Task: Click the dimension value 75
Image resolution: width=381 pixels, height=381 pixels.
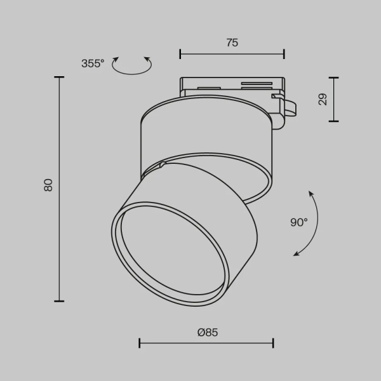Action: pos(232,43)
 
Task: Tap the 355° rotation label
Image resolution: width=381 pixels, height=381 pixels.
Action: pos(93,63)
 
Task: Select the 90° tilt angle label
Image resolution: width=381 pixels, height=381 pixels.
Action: pos(298,222)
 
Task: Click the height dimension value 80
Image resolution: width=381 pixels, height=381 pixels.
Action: pos(48,185)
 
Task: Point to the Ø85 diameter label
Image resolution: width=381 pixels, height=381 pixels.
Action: pos(207,332)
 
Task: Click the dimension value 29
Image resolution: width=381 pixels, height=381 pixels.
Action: pos(323,99)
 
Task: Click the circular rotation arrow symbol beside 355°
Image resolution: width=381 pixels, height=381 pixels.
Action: pos(131,65)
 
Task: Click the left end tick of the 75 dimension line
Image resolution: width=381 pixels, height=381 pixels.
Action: pos(180,54)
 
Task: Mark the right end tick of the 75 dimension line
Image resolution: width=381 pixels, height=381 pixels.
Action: pos(284,54)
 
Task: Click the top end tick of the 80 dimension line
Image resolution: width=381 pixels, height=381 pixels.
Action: pos(60,77)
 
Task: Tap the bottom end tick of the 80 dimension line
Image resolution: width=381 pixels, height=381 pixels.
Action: pos(60,300)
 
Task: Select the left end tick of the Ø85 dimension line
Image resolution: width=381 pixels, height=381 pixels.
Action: pos(140,344)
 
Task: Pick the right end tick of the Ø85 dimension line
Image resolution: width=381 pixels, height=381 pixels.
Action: pos(273,344)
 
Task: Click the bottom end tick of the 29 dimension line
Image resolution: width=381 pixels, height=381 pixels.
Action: pos(333,121)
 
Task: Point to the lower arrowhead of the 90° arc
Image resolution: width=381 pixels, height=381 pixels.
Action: pos(295,255)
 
